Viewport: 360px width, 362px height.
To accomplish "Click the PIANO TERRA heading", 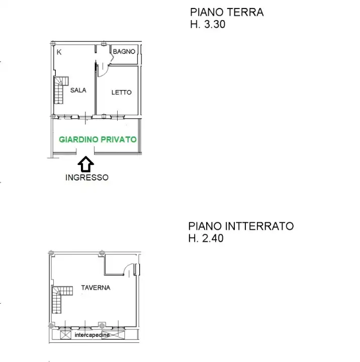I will click(226, 13).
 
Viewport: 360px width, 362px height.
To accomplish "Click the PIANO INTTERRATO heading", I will click(241, 226).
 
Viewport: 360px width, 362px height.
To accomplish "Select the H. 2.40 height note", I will click(206, 238).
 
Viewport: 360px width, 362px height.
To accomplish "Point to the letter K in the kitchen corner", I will click(59, 52).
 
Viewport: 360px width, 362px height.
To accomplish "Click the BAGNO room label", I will click(124, 52).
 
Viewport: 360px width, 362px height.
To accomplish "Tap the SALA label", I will click(78, 90).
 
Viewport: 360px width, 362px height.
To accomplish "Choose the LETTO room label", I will click(121, 93).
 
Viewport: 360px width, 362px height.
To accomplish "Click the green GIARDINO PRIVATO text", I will click(98, 139).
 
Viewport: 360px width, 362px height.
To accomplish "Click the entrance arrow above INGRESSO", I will click(86, 163).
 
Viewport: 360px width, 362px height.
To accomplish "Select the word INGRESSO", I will click(86, 177).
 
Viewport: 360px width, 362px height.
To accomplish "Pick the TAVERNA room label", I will click(96, 288).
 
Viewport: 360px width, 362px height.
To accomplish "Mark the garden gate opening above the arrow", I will click(86, 155).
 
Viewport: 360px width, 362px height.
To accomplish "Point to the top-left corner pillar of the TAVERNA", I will click(50, 252).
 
